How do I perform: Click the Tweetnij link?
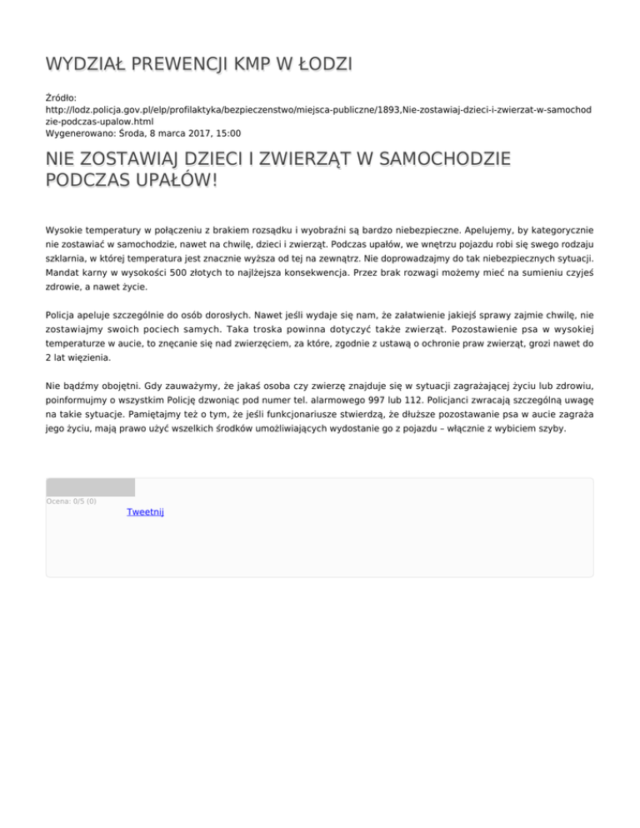[x=145, y=511]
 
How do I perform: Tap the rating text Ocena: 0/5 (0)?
[x=71, y=501]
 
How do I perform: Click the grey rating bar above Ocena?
[x=90, y=487]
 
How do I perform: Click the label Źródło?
[x=61, y=97]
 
